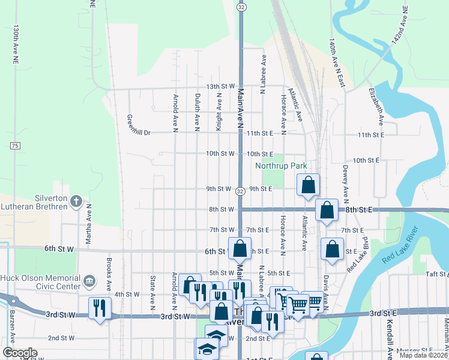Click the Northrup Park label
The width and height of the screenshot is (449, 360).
coord(281,165)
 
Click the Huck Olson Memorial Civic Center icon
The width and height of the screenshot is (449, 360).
coord(89,280)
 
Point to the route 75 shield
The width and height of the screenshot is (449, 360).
coord(15,146)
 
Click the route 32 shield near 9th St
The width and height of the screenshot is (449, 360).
coord(240,191)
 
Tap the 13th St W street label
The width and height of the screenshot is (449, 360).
coord(220,86)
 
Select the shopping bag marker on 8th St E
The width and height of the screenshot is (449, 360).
coord(327,211)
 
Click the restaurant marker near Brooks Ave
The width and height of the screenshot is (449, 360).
coord(98,308)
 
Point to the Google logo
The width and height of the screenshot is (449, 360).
coord(20,353)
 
